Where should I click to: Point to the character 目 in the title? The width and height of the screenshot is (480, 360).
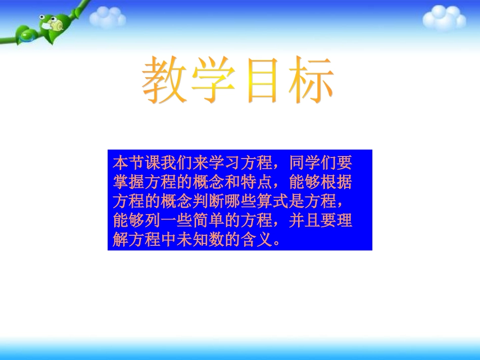click(262, 81)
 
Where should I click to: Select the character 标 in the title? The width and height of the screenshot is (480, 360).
click(309, 81)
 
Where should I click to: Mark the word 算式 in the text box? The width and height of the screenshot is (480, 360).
click(277, 202)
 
